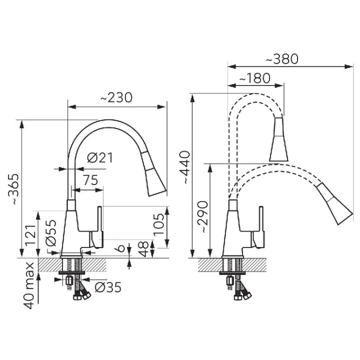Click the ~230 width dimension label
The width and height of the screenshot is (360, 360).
[x=116, y=97]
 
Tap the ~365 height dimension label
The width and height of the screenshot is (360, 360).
[x=13, y=189]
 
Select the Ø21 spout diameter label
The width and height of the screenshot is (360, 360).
[x=100, y=157]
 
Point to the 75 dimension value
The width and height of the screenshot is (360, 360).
[x=90, y=180]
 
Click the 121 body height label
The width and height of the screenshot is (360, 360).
[x=30, y=235]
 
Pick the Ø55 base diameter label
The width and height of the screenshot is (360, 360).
[x=50, y=233]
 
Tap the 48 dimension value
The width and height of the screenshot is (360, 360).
[x=143, y=248]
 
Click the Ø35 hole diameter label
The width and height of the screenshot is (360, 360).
[x=108, y=287]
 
